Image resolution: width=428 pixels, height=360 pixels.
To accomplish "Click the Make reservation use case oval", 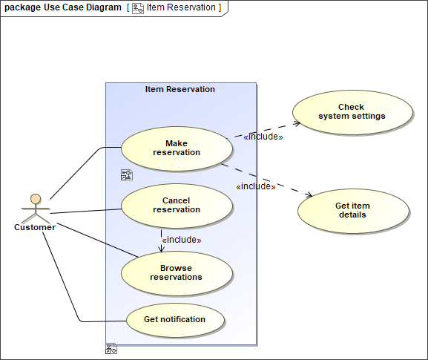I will pyautogui.click(x=177, y=148).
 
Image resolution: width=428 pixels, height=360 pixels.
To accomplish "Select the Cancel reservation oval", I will pyautogui.click(x=177, y=206).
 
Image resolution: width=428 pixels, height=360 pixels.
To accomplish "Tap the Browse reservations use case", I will pyautogui.click(x=177, y=272).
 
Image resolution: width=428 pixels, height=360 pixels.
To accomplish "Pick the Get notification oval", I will pyautogui.click(x=175, y=320).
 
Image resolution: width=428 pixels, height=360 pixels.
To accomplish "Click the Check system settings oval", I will pyautogui.click(x=352, y=112).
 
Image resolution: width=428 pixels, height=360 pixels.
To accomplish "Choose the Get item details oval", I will pyautogui.click(x=352, y=211).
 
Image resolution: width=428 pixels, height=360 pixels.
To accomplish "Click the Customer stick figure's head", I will pyautogui.click(x=35, y=199).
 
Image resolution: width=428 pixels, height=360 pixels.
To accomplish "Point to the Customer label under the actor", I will pyautogui.click(x=35, y=227).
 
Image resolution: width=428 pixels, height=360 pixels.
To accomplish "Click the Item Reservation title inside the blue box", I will pyautogui.click(x=180, y=89).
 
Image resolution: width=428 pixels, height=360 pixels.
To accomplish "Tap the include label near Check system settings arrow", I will pyautogui.click(x=263, y=137).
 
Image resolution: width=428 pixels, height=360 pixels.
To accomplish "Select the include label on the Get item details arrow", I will pyautogui.click(x=255, y=186).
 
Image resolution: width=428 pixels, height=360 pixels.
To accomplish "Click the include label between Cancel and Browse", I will pyautogui.click(x=181, y=240).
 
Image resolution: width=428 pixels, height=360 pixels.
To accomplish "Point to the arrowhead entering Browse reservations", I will pyautogui.click(x=161, y=249).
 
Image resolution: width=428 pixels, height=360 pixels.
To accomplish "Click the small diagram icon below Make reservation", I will pyautogui.click(x=126, y=175).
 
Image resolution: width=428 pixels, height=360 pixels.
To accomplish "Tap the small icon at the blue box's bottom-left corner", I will pyautogui.click(x=111, y=348).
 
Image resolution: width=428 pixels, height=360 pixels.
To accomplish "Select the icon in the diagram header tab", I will pyautogui.click(x=137, y=7).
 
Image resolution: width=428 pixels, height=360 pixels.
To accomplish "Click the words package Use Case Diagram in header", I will pyautogui.click(x=62, y=7).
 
